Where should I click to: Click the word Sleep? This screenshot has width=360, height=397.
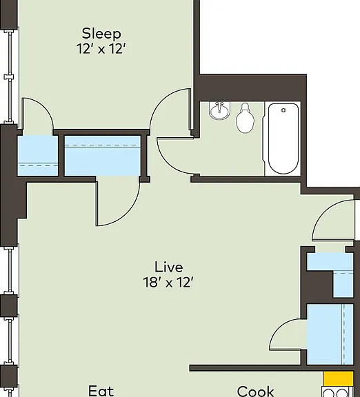(x=101, y=34)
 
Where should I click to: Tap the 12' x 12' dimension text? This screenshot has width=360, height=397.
(x=101, y=48)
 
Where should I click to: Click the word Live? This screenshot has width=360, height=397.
(x=169, y=267)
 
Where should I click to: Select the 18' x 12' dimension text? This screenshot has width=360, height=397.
(x=169, y=282)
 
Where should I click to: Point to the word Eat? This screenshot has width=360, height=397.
(x=101, y=391)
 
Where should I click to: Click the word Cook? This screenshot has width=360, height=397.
(x=256, y=391)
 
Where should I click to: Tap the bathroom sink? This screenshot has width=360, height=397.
(x=219, y=110)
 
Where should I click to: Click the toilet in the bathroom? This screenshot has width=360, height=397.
(x=245, y=119)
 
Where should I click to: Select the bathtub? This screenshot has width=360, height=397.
(x=283, y=139)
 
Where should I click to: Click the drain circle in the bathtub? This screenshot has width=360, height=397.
(x=283, y=110)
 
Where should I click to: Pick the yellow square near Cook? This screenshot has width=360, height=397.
(x=338, y=379)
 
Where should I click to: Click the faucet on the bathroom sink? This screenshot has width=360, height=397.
(x=219, y=105)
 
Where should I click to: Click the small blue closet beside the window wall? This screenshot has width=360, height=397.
(x=37, y=156)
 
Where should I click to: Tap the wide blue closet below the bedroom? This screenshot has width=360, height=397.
(x=102, y=156)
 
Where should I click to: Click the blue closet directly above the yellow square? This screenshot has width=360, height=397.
(x=330, y=334)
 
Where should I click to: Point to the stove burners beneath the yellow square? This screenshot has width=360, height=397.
(x=337, y=392)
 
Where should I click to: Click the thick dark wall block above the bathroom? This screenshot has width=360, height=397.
(x=251, y=88)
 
